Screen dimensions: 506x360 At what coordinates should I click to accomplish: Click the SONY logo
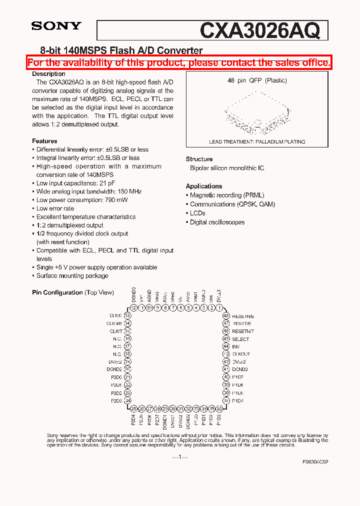click(56, 26)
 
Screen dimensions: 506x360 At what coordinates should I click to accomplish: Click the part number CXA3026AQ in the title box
click(259, 31)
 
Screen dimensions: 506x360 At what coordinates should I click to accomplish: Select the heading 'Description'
click(48, 74)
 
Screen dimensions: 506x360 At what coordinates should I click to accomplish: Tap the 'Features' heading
click(44, 141)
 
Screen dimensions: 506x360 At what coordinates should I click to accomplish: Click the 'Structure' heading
click(199, 159)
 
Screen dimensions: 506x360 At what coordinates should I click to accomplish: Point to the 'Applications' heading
click(203, 186)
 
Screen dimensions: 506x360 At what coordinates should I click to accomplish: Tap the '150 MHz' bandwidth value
click(129, 191)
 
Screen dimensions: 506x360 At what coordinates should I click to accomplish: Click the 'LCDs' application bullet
click(197, 213)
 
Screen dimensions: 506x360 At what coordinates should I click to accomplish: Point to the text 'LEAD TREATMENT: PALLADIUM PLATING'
click(257, 142)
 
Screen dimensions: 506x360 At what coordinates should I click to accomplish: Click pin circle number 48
click(226, 316)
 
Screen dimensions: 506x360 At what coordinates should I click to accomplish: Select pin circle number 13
click(127, 315)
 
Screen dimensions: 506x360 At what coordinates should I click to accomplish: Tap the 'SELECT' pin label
click(240, 339)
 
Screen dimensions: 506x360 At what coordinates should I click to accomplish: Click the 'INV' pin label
click(236, 346)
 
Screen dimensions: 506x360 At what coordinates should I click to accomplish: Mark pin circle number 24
click(127, 400)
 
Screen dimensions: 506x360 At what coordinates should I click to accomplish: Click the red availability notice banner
click(178, 63)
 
